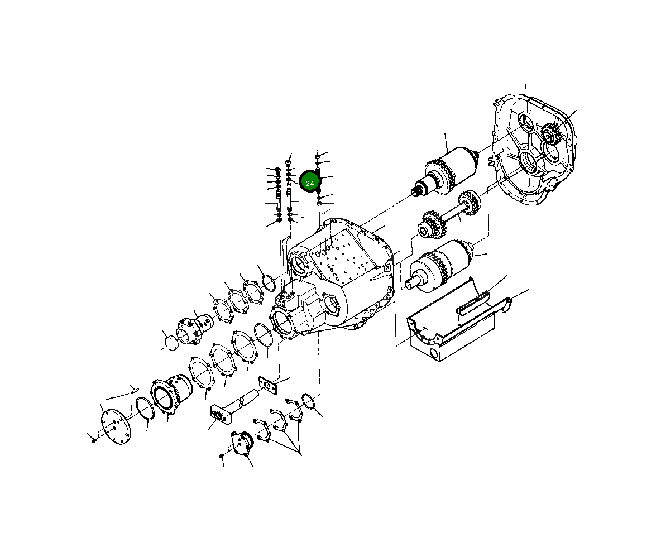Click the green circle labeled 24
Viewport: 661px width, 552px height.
click(310, 182)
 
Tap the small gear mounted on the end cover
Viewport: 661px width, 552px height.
click(551, 133)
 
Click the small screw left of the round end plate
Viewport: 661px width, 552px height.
click(93, 440)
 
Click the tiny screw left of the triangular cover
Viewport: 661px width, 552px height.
click(222, 456)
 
